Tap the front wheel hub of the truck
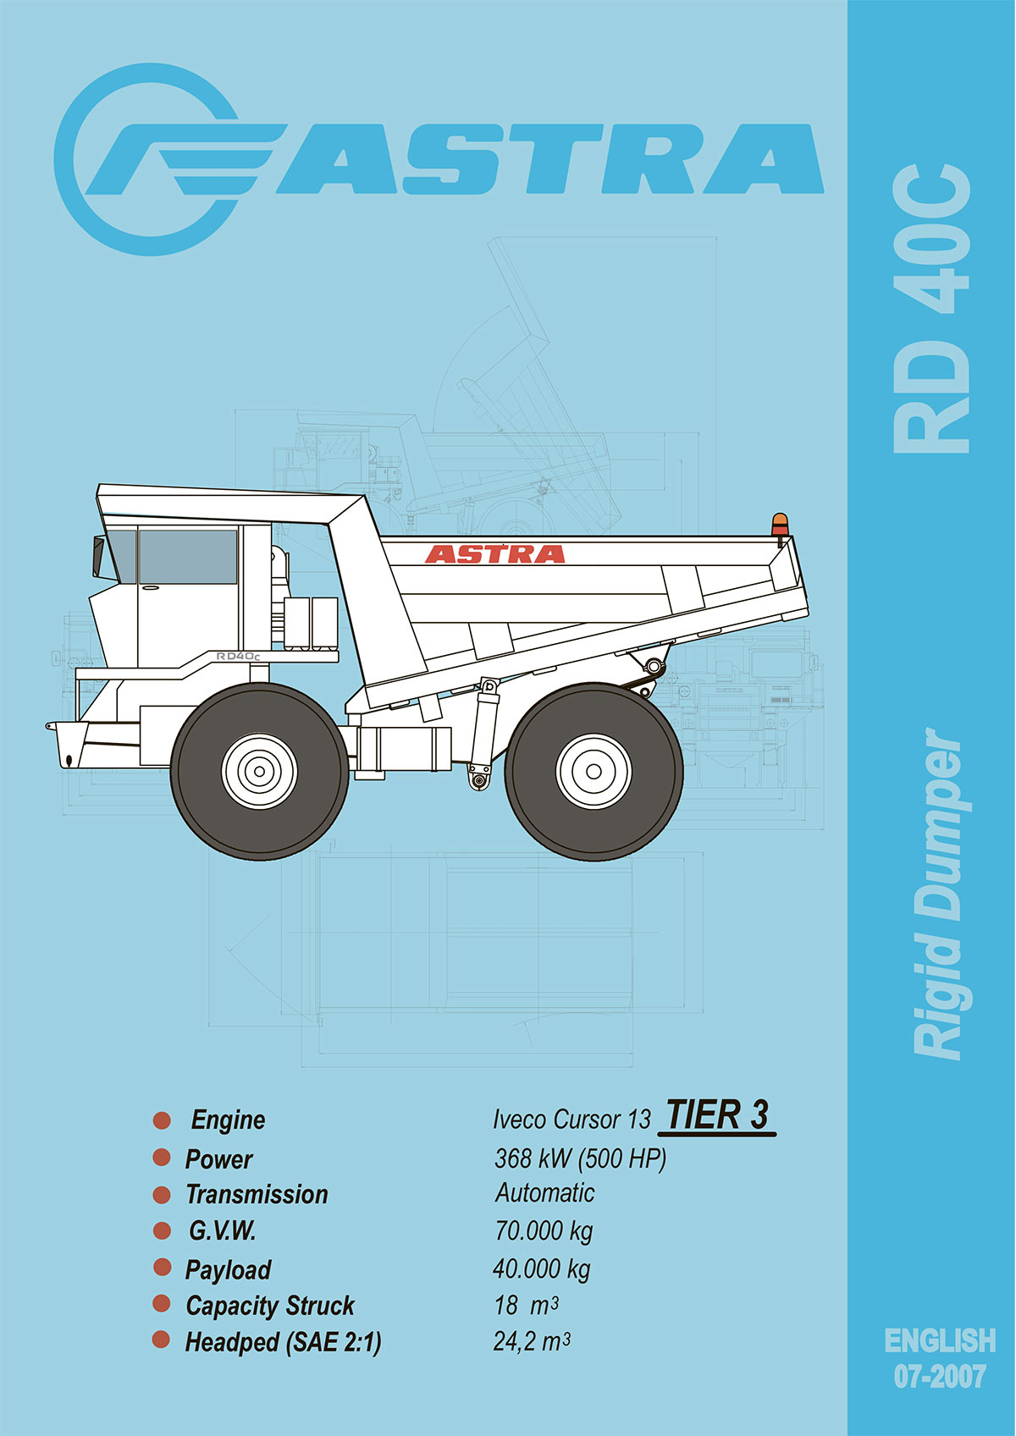tap(259, 771)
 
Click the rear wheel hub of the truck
tap(594, 771)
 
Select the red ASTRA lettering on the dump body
tap(494, 554)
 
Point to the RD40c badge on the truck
tap(237, 656)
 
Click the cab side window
tap(188, 557)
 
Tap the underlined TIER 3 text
tap(717, 1116)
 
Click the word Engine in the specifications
tap(228, 1120)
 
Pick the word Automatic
tap(544, 1193)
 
